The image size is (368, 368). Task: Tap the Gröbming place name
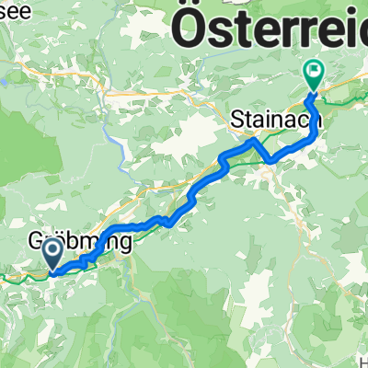pyautogui.click(x=80, y=242)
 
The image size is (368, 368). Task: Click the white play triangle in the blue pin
pyautogui.click(x=52, y=248)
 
